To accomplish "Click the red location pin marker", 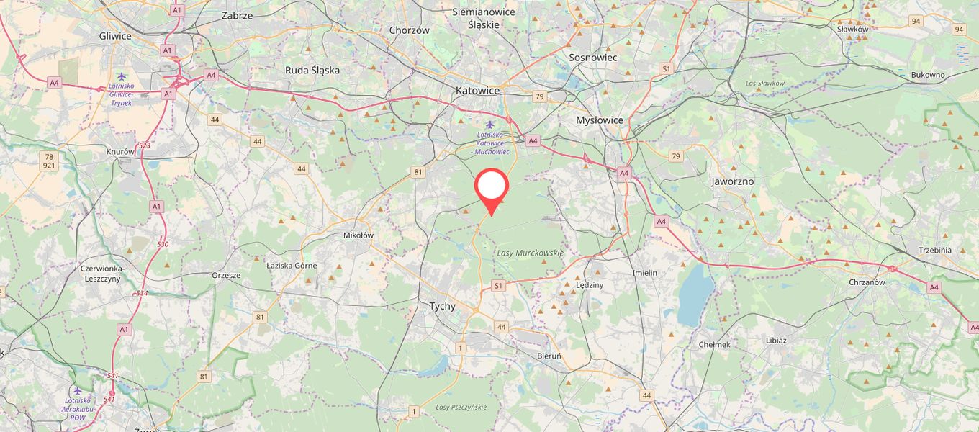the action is [x=492, y=186].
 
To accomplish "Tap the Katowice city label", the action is [x=477, y=91].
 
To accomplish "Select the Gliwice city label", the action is [x=115, y=36].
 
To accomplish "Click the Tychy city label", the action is [x=442, y=306].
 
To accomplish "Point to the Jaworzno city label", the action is [x=732, y=181].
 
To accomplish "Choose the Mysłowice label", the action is [x=600, y=120].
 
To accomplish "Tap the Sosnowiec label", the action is [x=593, y=57].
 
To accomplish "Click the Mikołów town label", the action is [x=358, y=235].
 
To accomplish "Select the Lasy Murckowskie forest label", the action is [x=531, y=253].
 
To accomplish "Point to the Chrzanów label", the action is [x=867, y=282].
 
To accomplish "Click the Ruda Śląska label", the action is [x=312, y=71].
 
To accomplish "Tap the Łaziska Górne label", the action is [x=292, y=266].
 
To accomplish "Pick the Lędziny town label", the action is [x=590, y=284].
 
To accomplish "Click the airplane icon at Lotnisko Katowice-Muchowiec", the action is [x=490, y=124].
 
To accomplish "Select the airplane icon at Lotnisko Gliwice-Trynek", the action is [x=121, y=76].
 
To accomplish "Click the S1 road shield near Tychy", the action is [x=497, y=286].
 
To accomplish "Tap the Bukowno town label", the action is [x=927, y=75].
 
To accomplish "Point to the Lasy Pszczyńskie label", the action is [x=461, y=407].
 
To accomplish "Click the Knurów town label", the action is [x=121, y=152].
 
